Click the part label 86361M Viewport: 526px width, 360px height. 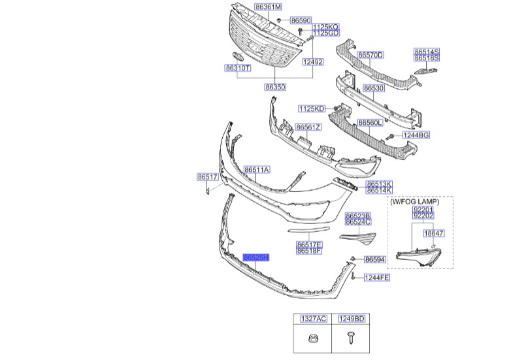[269, 7]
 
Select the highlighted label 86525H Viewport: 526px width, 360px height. [256, 259]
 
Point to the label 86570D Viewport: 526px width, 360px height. [370, 55]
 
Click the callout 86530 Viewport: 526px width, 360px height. [374, 88]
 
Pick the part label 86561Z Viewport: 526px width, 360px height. [308, 127]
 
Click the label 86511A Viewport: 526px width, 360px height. [257, 170]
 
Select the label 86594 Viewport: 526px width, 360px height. [376, 259]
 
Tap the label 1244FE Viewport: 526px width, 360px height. [377, 278]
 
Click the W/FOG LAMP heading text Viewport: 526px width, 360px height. [414, 202]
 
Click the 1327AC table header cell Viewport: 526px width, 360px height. [314, 319]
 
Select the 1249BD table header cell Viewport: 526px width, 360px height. [352, 319]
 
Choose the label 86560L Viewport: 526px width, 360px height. [371, 122]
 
